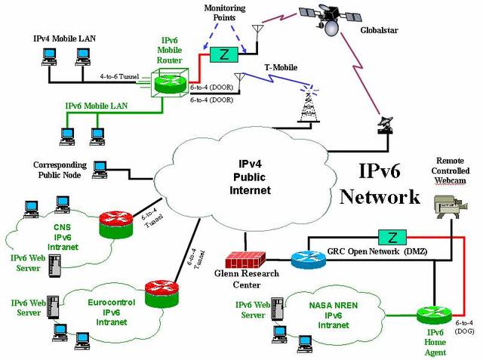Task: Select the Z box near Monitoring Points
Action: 223,54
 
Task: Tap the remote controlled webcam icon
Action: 448,205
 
